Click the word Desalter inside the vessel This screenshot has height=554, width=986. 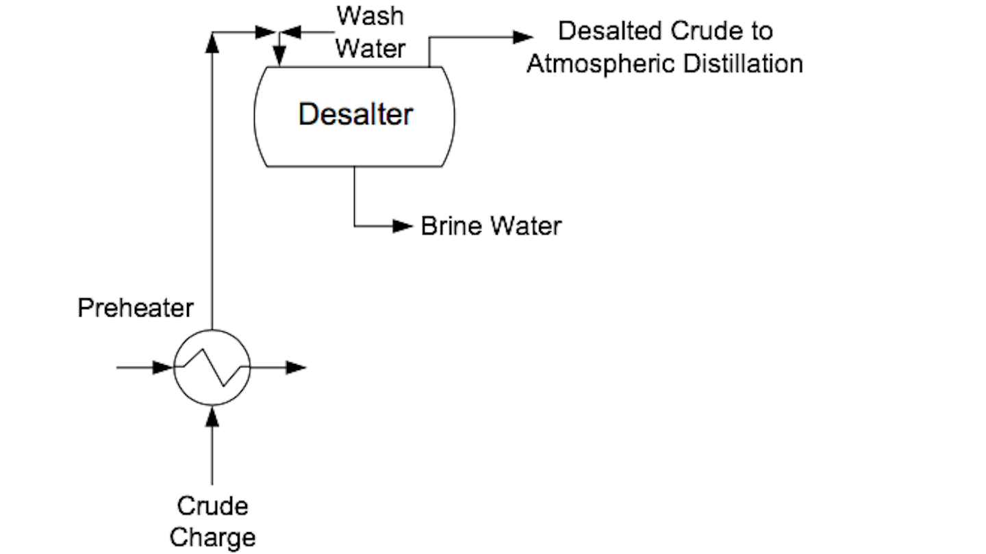355,114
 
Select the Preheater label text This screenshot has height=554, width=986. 135,308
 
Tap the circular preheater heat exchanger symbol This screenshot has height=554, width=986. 212,367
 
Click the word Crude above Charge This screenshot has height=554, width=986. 212,507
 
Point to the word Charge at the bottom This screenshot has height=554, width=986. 212,538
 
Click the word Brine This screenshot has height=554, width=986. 448,226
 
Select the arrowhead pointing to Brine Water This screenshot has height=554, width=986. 403,226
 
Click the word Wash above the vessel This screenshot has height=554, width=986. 370,16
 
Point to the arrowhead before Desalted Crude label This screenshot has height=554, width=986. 523,37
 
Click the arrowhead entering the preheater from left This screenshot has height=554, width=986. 162,367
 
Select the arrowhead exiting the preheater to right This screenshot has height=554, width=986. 296,367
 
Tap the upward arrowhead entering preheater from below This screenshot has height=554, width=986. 212,415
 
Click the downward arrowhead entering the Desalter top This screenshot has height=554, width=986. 279,54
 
